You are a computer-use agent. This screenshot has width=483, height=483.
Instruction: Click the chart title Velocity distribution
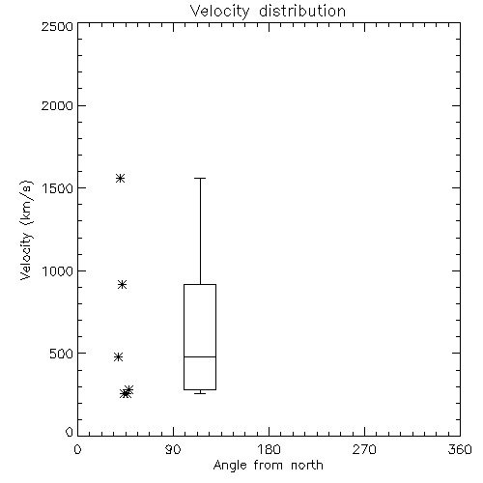point(268,12)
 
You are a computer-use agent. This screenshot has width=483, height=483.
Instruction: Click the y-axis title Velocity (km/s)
point(26,230)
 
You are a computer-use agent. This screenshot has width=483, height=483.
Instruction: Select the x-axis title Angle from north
point(268,466)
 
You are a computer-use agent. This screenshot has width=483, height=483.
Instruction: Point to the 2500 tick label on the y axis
point(58,26)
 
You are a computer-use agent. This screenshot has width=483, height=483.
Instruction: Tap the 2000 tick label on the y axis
point(58,105)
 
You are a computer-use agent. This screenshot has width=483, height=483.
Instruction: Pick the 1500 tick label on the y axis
point(58,188)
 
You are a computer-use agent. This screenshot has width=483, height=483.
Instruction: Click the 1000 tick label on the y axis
point(58,270)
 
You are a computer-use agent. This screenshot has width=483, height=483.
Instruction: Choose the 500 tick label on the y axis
point(62,354)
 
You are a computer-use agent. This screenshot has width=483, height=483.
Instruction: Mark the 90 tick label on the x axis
point(173,449)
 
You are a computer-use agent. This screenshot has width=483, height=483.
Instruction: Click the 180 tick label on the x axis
point(269,449)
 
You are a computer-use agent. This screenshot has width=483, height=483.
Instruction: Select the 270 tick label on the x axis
point(364,449)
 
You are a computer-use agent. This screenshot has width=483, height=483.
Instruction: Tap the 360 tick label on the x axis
point(460,449)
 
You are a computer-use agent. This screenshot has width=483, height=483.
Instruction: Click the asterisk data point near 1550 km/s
point(120,178)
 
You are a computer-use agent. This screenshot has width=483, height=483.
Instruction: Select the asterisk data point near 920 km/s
point(122,284)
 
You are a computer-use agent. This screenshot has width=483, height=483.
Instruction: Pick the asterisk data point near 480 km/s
point(118,356)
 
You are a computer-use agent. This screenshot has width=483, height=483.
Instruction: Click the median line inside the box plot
point(200,356)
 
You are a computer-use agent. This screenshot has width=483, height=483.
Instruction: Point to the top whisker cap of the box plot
point(200,178)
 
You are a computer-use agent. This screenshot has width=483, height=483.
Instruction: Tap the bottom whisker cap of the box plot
point(200,393)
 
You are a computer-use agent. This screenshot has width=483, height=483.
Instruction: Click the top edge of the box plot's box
point(200,284)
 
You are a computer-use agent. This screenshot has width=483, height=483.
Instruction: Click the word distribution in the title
point(302,12)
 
